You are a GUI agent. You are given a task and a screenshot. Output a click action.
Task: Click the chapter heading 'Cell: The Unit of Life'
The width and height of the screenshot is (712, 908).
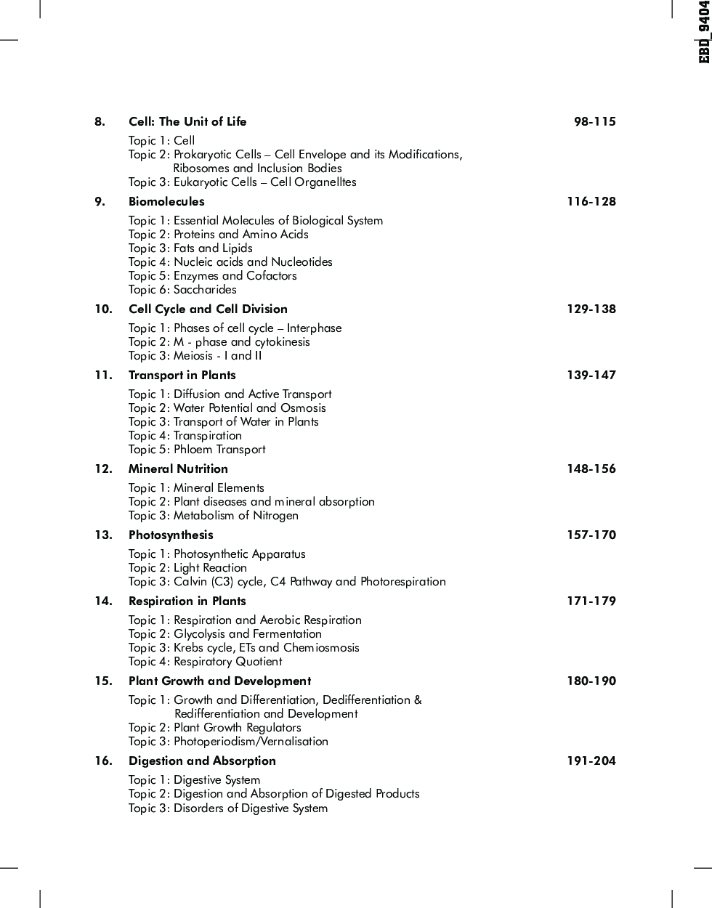tap(187, 121)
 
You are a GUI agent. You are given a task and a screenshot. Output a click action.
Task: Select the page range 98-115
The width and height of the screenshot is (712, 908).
tap(594, 121)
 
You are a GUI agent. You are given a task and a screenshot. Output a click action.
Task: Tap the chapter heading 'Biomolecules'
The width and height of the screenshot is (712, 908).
tap(166, 201)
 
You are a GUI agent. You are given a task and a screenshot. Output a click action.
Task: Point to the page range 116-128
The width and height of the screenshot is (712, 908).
tap(591, 201)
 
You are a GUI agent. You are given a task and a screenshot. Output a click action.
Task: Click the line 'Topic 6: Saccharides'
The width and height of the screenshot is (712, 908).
tap(182, 289)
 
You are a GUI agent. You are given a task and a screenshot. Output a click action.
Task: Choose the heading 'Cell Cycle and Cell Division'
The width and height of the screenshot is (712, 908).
tap(208, 309)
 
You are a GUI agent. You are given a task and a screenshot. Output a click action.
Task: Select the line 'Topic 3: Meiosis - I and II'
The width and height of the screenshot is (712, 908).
tap(195, 355)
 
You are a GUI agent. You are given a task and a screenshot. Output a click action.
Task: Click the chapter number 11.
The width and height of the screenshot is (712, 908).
tap(103, 375)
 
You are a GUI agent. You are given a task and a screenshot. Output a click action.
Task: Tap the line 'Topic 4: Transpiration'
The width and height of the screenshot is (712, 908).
tap(185, 435)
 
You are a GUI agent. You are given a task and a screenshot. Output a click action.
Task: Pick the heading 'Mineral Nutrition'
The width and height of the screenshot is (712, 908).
tap(178, 469)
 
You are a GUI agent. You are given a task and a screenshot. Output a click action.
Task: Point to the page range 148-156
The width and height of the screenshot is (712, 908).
tap(591, 469)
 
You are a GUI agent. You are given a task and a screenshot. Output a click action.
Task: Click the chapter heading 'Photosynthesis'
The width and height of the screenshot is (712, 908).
tap(171, 535)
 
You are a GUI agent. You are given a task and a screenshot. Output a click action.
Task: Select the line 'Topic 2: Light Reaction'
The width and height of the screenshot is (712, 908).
tap(187, 567)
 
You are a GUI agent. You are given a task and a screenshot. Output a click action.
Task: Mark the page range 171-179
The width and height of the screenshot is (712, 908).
tap(591, 601)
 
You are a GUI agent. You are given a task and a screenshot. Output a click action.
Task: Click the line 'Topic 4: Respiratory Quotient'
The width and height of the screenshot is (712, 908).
tap(205, 661)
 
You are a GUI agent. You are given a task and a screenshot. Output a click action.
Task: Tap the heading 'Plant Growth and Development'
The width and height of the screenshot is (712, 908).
tap(219, 681)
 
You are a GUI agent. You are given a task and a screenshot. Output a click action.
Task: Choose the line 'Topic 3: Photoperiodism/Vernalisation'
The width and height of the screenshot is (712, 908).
tap(228, 741)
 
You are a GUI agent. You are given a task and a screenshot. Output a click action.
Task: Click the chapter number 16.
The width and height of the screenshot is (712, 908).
tap(103, 761)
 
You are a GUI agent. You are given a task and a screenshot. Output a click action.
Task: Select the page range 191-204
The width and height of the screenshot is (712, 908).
tap(591, 761)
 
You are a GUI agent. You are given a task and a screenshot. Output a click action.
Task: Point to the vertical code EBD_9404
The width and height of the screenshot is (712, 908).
tap(703, 32)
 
